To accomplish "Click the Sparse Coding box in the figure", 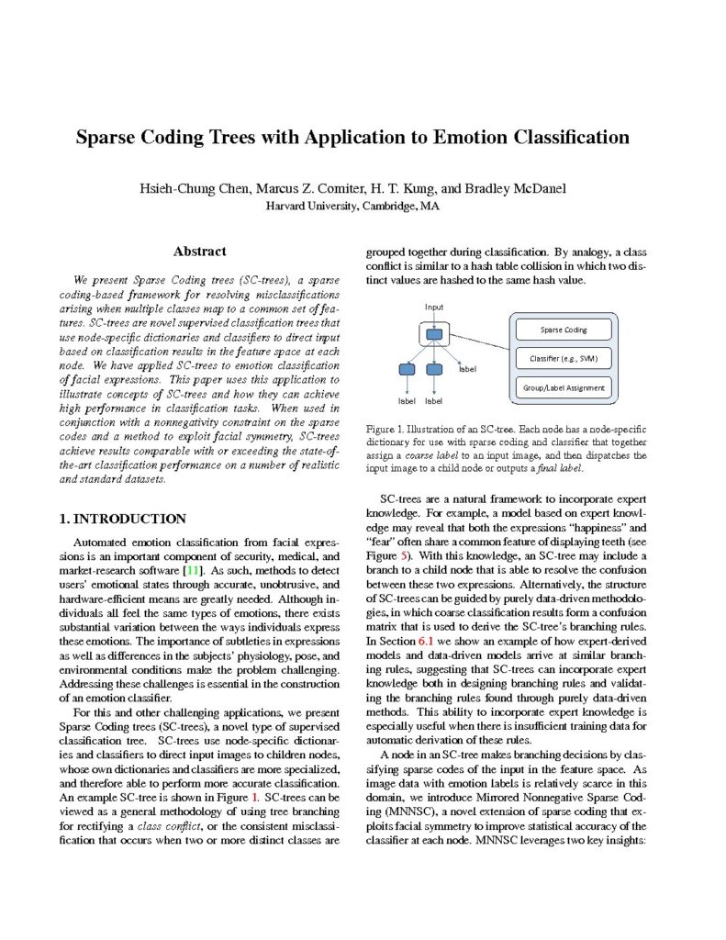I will click(x=564, y=329).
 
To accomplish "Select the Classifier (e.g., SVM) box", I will click(x=564, y=358).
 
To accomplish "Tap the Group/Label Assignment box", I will click(x=564, y=387).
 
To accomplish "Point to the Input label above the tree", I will click(x=434, y=306).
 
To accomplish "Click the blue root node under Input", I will click(x=434, y=332).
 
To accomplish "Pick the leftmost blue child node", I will click(x=407, y=369).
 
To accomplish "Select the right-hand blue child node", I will click(x=435, y=369).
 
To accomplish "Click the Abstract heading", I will click(x=199, y=252).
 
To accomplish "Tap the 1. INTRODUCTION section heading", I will click(x=122, y=519).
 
